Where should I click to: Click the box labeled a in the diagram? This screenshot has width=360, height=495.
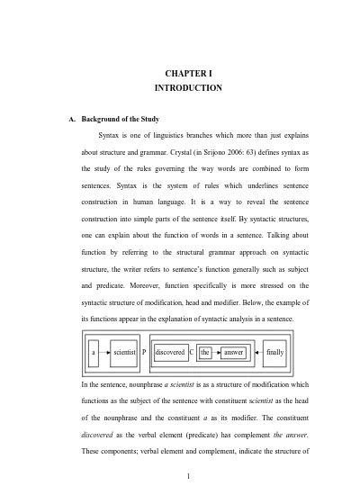[94, 353]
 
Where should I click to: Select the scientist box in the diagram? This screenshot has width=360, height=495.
[124, 353]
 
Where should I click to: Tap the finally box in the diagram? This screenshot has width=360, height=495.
[274, 353]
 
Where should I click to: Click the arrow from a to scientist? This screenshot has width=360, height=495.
[104, 353]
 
